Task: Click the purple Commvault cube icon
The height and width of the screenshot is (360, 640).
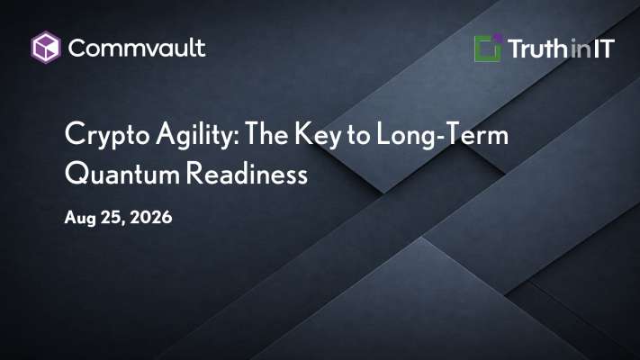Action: (46, 48)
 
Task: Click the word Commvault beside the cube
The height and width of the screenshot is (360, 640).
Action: (137, 48)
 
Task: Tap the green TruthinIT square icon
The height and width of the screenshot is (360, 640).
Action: (488, 49)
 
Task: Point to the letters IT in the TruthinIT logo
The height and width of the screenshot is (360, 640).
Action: (604, 49)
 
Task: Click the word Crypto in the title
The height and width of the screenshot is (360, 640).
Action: (107, 135)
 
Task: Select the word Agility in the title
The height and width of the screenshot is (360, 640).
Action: (194, 135)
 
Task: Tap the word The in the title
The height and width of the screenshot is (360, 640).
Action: (266, 133)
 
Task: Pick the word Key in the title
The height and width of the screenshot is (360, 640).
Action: (318, 135)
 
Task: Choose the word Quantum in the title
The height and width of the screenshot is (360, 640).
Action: (122, 174)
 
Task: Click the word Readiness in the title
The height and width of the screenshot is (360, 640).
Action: (248, 173)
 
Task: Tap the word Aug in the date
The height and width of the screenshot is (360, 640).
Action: (80, 218)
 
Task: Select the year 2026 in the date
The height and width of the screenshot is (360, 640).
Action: (151, 217)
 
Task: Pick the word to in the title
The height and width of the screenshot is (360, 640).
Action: (358, 135)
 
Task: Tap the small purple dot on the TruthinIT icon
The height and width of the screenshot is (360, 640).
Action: (497, 39)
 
